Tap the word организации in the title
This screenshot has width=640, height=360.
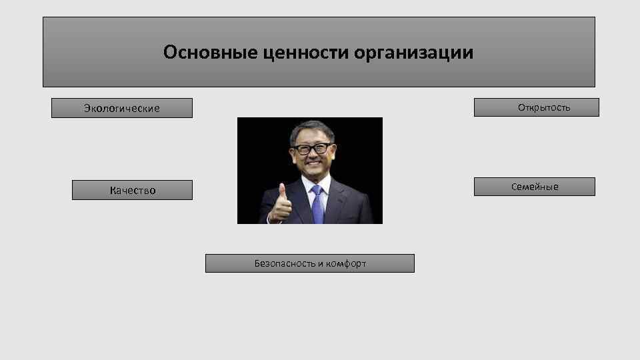pyautogui.click(x=414, y=52)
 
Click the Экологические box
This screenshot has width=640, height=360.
pyautogui.click(x=122, y=108)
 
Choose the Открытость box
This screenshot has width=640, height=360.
pyautogui.click(x=537, y=107)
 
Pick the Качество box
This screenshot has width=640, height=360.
pyautogui.click(x=132, y=190)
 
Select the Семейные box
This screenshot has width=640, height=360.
pyautogui.click(x=535, y=187)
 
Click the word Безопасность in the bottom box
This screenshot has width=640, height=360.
pyautogui.click(x=285, y=263)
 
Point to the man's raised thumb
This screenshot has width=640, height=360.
pyautogui.click(x=282, y=191)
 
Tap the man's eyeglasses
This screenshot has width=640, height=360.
pyautogui.click(x=312, y=149)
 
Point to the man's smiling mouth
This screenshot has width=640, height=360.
pyautogui.click(x=312, y=167)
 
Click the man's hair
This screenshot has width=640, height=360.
pyautogui.click(x=311, y=129)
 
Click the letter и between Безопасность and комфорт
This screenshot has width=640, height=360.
pyautogui.click(x=318, y=263)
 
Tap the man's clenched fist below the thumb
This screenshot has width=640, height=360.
pyautogui.click(x=280, y=210)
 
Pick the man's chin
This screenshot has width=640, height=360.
pyautogui.click(x=312, y=175)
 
